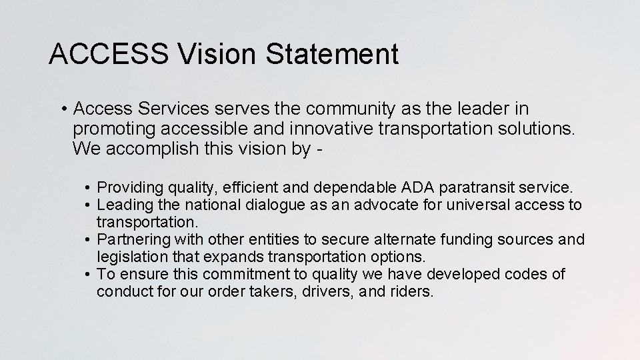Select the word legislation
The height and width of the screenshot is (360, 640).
coord(131,257)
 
